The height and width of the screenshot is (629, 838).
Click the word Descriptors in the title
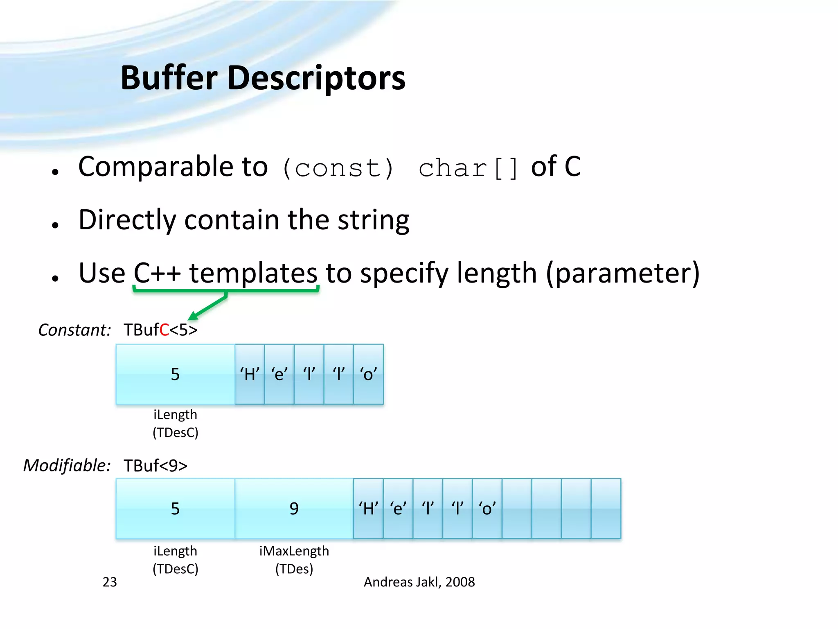pyautogui.click(x=316, y=79)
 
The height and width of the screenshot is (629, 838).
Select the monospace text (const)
pyautogui.click(x=338, y=168)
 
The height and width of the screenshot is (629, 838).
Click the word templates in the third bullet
pyautogui.click(x=253, y=273)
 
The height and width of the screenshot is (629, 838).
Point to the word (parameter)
pyautogui.click(x=623, y=273)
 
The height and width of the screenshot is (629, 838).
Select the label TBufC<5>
pyautogui.click(x=160, y=330)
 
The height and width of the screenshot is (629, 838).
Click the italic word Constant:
pyautogui.click(x=74, y=330)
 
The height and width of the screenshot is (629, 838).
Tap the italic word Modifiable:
pyautogui.click(x=67, y=466)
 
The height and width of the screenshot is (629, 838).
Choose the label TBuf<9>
pyautogui.click(x=155, y=466)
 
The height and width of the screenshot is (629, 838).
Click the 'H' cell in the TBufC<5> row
pyautogui.click(x=250, y=374)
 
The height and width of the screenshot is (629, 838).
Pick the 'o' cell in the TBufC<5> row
pyautogui.click(x=368, y=374)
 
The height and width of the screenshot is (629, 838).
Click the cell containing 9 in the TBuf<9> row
pyautogui.click(x=294, y=509)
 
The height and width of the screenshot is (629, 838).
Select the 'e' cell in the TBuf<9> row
pyautogui.click(x=398, y=509)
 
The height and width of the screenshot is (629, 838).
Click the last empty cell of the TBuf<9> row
pyautogui.click(x=606, y=509)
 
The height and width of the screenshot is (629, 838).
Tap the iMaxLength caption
pyautogui.click(x=294, y=551)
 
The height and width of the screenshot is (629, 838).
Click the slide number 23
pyautogui.click(x=110, y=582)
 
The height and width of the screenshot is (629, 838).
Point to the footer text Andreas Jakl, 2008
pyautogui.click(x=419, y=582)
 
